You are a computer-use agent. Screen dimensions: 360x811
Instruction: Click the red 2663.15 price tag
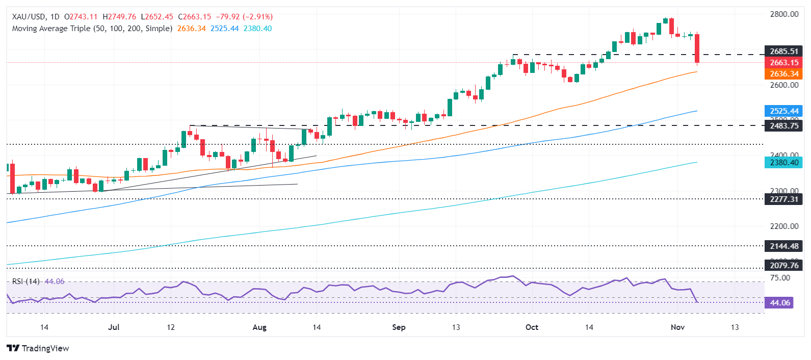783,63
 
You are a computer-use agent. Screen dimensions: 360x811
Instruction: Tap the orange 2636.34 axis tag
783,74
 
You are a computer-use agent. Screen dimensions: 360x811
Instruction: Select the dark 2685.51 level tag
783,52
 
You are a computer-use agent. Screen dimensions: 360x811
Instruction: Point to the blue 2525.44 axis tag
783,111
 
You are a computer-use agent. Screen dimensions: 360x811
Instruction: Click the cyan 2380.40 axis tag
783,163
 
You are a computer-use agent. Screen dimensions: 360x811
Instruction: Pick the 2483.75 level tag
783,125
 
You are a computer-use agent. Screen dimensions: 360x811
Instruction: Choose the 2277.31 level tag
783,199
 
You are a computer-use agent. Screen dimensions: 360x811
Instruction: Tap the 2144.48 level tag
783,246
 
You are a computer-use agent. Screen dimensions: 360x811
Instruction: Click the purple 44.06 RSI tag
779,303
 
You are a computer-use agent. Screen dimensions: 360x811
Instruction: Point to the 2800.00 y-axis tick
784,14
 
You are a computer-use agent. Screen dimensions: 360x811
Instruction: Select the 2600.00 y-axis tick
784,85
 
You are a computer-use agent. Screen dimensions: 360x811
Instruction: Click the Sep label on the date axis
399,327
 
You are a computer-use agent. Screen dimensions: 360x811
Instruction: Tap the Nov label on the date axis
677,327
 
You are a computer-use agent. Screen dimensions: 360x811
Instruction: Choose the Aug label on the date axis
259,327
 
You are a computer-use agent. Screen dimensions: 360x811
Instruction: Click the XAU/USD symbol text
29,17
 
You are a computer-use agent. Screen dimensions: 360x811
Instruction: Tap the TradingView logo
38,348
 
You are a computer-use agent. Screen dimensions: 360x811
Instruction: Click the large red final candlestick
697,48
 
